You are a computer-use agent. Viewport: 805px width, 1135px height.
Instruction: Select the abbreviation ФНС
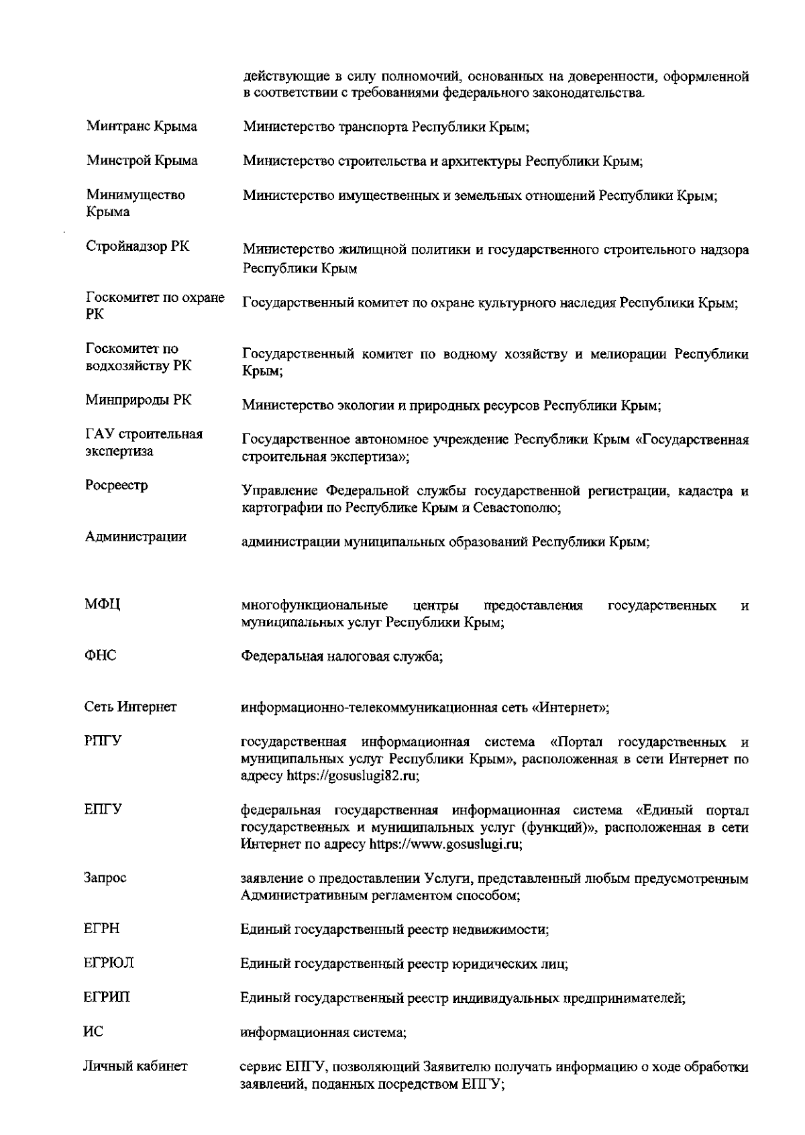[x=100, y=656]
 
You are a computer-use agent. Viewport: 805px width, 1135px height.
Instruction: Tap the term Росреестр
[x=117, y=485]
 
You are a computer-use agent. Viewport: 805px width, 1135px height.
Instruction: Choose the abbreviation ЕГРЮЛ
[x=108, y=963]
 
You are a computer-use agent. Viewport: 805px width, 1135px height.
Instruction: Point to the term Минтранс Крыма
[x=142, y=126]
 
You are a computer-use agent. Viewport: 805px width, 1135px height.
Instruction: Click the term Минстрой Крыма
[x=142, y=160]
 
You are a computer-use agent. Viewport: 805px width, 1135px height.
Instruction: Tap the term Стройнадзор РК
[x=138, y=246]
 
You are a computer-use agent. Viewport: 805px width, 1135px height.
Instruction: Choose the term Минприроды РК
[x=138, y=400]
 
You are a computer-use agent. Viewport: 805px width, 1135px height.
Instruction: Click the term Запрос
[x=105, y=877]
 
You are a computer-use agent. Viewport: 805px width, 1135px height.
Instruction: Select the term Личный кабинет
[x=136, y=1066]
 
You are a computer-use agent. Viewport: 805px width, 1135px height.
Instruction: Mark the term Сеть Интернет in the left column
[x=130, y=706]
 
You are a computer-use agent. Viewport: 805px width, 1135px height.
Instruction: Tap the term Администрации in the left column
[x=136, y=537]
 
